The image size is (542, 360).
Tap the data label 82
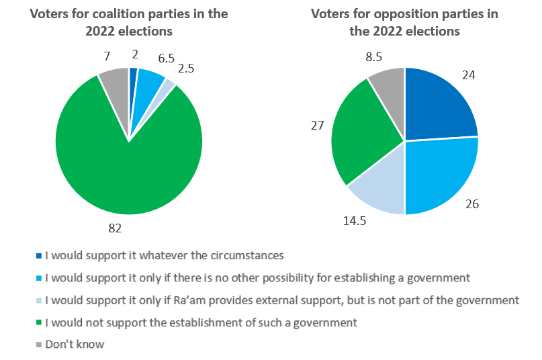(115, 228)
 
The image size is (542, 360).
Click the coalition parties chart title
(129, 22)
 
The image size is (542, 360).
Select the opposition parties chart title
(404, 22)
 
